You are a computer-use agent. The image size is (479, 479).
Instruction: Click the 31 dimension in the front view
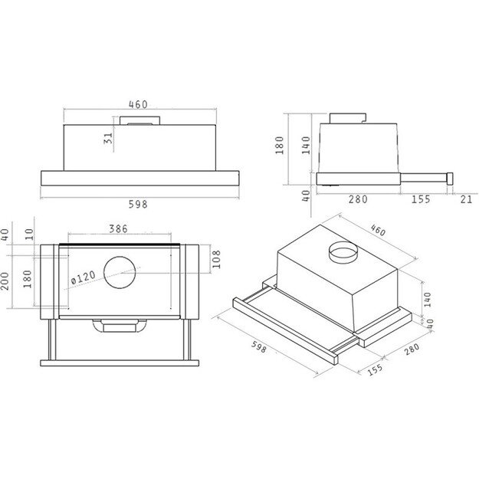[x=108, y=138]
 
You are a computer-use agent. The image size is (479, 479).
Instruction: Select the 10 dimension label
[x=29, y=233]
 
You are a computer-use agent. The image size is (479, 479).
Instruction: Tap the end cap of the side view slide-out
[x=451, y=178]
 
